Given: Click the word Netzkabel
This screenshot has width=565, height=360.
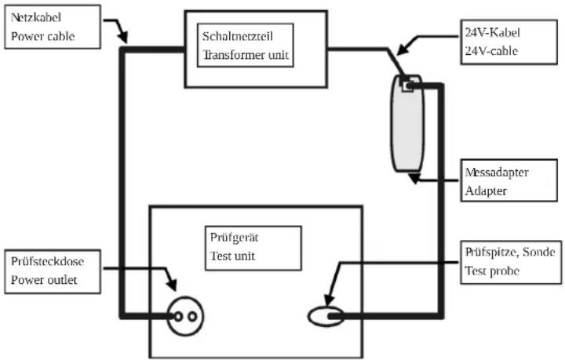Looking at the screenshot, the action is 36,17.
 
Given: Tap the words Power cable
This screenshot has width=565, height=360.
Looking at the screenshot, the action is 43,36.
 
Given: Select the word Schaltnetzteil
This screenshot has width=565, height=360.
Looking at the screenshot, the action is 238,36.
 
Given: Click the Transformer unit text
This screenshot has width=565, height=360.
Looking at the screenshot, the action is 246,55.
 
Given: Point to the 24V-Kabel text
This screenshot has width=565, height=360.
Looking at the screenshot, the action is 493,33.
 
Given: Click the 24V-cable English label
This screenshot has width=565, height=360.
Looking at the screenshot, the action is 491,51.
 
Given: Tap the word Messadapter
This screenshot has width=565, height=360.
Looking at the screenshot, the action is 497,172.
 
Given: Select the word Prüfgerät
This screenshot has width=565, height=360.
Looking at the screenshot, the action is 234,238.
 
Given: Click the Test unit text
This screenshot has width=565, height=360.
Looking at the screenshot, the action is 232,256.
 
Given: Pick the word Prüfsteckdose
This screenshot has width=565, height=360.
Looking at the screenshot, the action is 48,261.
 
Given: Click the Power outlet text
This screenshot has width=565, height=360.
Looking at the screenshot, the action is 44,280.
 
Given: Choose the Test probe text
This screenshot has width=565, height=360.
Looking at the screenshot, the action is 492,271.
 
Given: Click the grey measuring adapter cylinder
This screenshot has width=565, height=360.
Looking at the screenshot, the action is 407,123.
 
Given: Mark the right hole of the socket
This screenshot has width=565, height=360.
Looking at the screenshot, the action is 193,317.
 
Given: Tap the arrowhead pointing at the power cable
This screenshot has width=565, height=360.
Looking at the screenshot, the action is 123,38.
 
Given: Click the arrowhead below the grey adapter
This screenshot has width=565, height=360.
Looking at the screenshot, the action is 414,178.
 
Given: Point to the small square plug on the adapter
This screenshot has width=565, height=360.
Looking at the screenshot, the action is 407,86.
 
